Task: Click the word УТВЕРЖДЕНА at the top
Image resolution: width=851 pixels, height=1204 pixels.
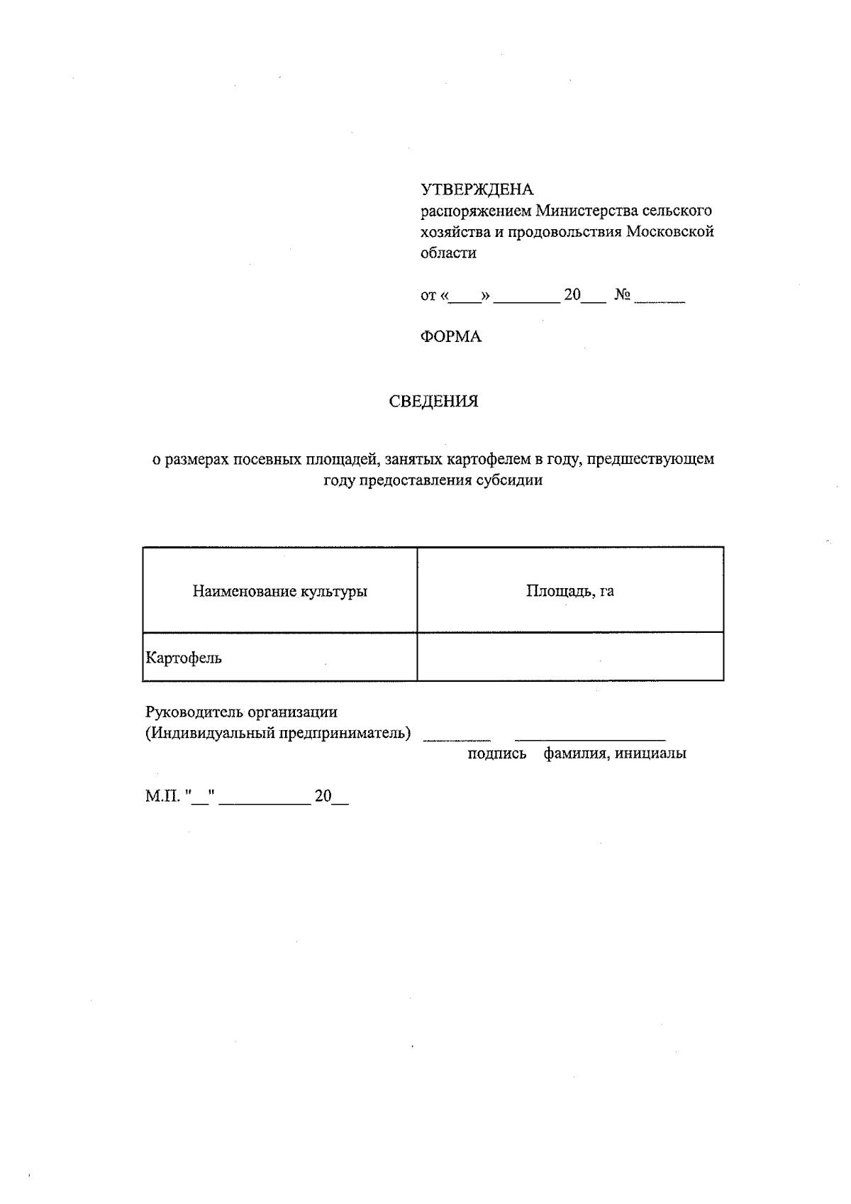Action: tap(477, 189)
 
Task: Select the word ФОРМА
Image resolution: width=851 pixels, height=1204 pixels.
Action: tap(451, 337)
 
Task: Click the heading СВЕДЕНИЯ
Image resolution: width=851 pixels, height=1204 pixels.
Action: tap(433, 402)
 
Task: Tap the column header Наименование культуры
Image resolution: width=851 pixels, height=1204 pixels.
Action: tap(279, 591)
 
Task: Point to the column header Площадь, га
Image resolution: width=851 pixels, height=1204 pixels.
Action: tap(569, 591)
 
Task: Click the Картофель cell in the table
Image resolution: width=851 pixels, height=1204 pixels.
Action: tap(184, 658)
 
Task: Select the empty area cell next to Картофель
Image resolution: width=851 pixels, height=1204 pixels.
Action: tap(569, 657)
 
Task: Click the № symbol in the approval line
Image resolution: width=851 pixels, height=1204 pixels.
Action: tap(623, 295)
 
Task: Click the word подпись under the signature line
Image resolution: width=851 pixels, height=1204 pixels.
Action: tap(496, 754)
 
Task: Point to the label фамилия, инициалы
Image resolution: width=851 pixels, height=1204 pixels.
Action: tap(614, 754)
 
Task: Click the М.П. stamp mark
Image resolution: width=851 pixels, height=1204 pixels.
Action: tap(163, 797)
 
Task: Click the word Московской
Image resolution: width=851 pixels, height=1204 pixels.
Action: tap(669, 232)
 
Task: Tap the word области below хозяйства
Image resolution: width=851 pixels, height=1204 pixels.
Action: tap(448, 253)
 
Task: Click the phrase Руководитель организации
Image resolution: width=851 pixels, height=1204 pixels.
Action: tap(241, 712)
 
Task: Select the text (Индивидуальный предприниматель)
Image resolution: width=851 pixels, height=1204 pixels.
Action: tap(278, 733)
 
